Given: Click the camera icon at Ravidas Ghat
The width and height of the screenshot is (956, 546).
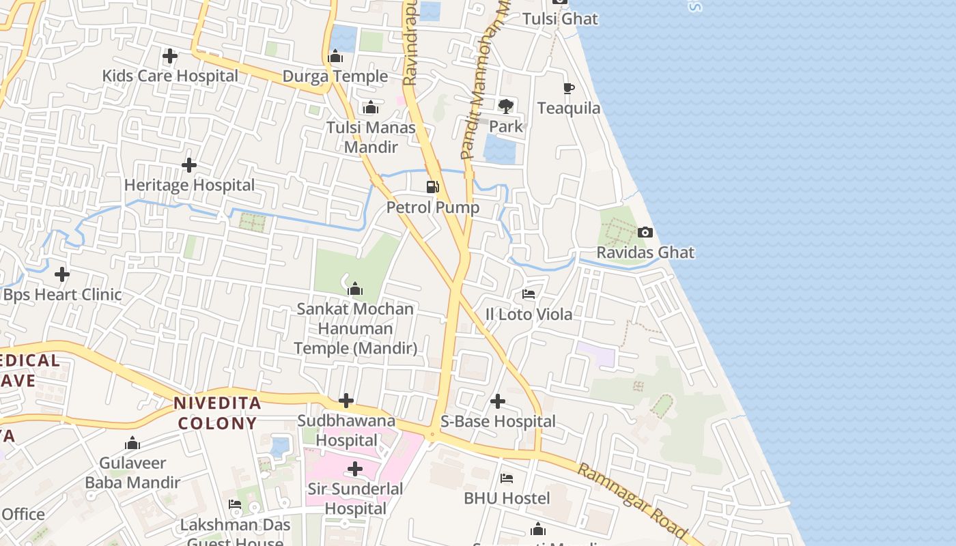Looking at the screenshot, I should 645,233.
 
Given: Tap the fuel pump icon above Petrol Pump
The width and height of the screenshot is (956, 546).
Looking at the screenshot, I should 432,187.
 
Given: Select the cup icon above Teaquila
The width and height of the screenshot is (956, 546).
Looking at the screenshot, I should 568,88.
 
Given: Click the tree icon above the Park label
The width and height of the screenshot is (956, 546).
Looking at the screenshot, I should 506,106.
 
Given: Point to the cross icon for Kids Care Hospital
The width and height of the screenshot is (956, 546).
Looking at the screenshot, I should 170,56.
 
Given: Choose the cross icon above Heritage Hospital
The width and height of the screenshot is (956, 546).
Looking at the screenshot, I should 189,165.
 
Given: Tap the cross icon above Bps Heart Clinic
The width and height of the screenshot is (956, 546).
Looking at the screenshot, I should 62,275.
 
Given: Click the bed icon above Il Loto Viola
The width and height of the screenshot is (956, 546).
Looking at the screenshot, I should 529,294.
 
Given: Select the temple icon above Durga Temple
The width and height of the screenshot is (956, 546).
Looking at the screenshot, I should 335,57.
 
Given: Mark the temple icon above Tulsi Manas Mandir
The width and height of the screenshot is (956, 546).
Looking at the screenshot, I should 371,107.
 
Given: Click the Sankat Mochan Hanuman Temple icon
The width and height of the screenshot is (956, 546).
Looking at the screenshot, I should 355,289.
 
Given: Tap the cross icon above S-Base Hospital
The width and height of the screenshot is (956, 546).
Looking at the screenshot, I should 498,401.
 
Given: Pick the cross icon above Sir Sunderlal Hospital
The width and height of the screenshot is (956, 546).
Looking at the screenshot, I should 355,469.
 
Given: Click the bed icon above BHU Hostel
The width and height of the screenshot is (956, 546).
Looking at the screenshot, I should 507,478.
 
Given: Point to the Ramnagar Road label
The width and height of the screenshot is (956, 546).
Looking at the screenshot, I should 631,500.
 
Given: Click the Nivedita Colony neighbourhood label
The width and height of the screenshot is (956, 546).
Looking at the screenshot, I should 217,413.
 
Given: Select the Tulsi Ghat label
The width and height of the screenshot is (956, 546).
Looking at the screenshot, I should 560,19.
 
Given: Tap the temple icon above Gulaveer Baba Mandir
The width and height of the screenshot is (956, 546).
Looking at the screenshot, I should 132,444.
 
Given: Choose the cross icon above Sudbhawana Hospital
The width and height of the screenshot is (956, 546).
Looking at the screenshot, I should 346,401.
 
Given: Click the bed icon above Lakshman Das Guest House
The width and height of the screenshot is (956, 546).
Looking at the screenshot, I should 235,505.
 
